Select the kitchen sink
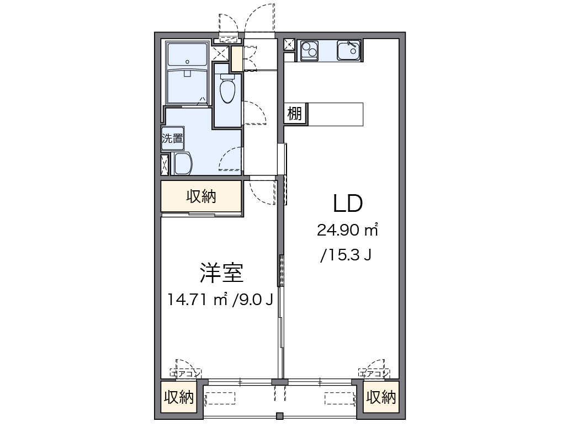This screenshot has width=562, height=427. (348, 51)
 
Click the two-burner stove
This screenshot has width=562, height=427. (309, 51)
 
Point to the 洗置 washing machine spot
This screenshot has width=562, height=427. (172, 138)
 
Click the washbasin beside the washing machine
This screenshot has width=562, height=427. (183, 163)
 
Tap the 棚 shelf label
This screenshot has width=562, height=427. (295, 114)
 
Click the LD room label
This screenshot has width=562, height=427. (348, 203)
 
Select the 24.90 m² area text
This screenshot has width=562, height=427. (347, 230)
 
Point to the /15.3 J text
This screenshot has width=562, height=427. (346, 255)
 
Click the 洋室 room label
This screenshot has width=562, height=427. (221, 273)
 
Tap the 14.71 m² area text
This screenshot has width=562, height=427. (198, 300)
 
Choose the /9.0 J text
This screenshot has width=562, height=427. (253, 300)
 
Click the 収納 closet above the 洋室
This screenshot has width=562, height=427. (201, 196)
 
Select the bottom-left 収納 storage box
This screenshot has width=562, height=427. (179, 397)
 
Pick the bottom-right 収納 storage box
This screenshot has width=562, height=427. (381, 397)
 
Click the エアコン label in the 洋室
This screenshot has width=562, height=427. (185, 374)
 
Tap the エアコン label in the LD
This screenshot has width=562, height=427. (374, 374)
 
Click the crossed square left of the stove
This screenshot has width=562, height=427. (289, 45)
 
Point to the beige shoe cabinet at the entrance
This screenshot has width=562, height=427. (237, 58)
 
